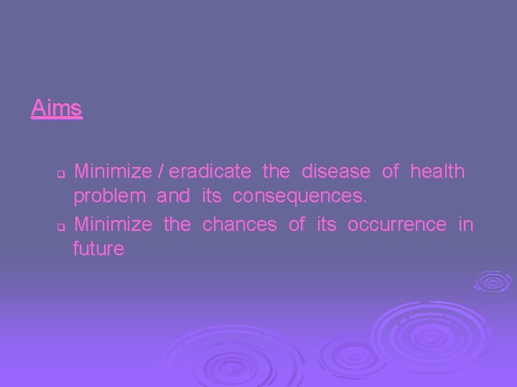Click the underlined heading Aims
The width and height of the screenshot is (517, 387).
pyautogui.click(x=57, y=109)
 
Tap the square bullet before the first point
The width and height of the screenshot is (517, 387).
pyautogui.click(x=61, y=174)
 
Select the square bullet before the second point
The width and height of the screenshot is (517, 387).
pyautogui.click(x=61, y=226)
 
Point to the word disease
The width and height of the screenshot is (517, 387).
pyautogui.click(x=336, y=172)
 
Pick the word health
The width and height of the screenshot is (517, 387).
pyautogui.click(x=437, y=172)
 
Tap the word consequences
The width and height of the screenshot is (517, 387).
pyautogui.click(x=299, y=196)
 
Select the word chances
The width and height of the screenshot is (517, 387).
pyautogui.click(x=239, y=224)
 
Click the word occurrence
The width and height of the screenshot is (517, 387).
pyautogui.click(x=397, y=224)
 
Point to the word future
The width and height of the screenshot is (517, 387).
pyautogui.click(x=98, y=249)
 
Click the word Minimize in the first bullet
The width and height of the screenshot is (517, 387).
pyautogui.click(x=113, y=172)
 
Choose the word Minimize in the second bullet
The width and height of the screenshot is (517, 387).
pyautogui.click(x=113, y=224)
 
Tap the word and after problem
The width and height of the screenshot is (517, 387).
pyautogui.click(x=173, y=196)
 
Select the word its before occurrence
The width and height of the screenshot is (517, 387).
pyautogui.click(x=326, y=224)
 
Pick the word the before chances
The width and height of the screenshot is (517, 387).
pyautogui.click(x=177, y=224)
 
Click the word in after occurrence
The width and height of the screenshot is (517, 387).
pyautogui.click(x=466, y=224)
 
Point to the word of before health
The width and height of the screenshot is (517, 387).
pyautogui.click(x=391, y=172)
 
